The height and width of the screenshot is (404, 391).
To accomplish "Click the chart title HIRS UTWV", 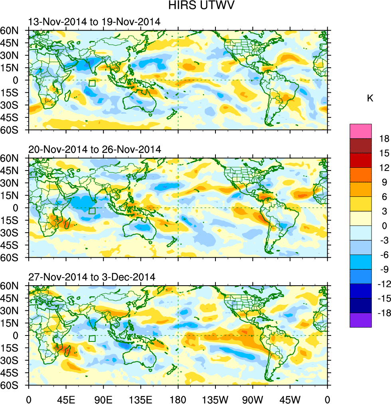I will (x=195, y=6).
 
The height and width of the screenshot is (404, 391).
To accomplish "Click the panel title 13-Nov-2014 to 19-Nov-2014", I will (x=94, y=22).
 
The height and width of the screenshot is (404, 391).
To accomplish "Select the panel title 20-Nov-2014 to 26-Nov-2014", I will (x=94, y=150).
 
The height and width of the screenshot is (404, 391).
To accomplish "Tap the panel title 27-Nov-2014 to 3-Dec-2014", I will (x=91, y=277).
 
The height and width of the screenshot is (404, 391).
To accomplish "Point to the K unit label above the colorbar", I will (x=370, y=98).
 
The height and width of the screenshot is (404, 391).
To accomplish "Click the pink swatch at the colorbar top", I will (x=361, y=131).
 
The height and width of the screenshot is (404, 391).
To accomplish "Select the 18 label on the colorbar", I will (x=384, y=139).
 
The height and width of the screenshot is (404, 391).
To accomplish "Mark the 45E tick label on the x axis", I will (x=66, y=398).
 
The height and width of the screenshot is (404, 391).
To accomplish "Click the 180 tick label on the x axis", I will (x=178, y=398).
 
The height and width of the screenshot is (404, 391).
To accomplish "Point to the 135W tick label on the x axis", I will (x=215, y=398).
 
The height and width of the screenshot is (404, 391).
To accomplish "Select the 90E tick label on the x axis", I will (x=103, y=398).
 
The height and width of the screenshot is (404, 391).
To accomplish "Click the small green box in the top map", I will (x=92, y=83).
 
